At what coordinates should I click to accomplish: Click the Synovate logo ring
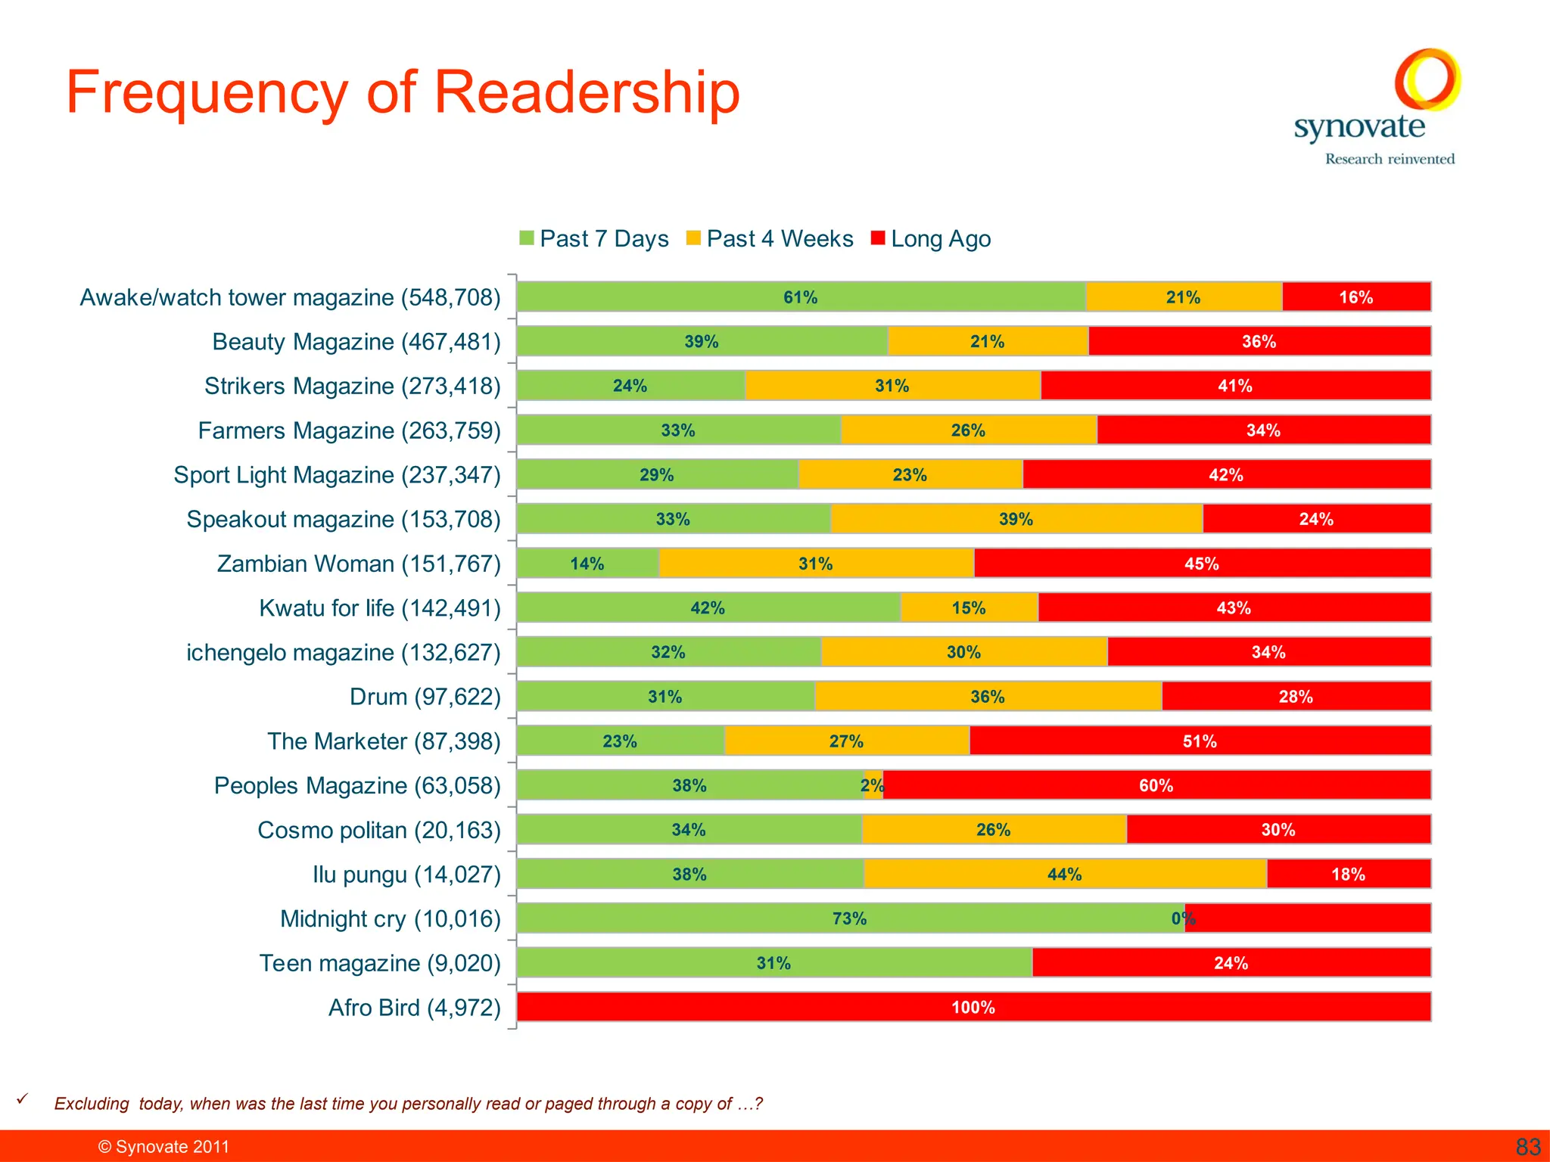(x=1427, y=79)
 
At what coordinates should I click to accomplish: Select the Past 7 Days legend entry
(x=595, y=239)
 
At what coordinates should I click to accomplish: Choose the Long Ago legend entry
(x=932, y=239)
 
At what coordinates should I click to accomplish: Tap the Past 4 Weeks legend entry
(x=770, y=239)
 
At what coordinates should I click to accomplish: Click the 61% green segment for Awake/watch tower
(x=800, y=297)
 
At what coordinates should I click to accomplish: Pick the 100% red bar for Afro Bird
(x=973, y=1007)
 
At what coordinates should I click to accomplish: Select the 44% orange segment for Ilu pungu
(x=1064, y=875)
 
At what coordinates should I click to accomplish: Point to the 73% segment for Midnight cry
(x=849, y=918)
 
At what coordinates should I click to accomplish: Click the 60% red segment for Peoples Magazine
(x=1156, y=785)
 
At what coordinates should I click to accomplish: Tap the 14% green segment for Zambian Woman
(x=587, y=564)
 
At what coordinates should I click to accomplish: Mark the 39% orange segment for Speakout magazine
(x=1016, y=519)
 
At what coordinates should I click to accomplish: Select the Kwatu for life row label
(x=379, y=608)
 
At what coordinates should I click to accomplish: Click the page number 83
(x=1528, y=1147)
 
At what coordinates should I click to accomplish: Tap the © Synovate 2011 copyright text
(x=163, y=1147)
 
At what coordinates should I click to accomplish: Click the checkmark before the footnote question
(x=23, y=1098)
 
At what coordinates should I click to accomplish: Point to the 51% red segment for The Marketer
(x=1200, y=741)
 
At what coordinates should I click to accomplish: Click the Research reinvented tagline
(x=1390, y=159)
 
